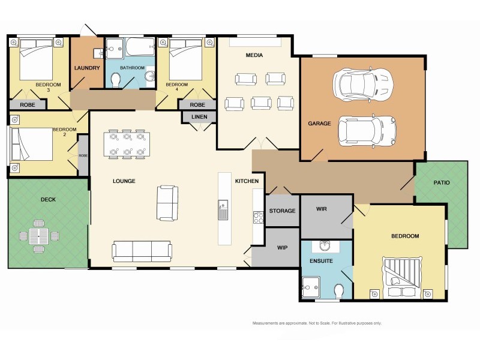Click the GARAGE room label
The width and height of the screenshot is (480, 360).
coord(319,124)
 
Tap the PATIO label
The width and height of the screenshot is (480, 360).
coord(441,182)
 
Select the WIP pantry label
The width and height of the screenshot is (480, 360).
coord(282,247)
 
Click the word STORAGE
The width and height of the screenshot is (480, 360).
coord(282,211)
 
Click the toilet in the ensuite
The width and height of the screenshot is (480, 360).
coord(339,291)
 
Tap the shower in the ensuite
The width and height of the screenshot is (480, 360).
coord(310,286)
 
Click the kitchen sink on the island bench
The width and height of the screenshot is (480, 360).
coord(223,209)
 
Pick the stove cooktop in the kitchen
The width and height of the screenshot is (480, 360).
coord(259,218)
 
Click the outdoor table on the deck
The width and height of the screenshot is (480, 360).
coord(39,236)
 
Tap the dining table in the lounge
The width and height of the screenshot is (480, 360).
coord(127,145)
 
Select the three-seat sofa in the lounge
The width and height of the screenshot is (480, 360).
coord(142,251)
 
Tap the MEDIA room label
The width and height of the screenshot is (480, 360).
coord(254,55)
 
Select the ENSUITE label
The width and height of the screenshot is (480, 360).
coord(321,261)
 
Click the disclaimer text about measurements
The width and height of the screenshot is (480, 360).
coord(317,323)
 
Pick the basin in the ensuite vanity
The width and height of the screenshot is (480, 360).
coord(325,245)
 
